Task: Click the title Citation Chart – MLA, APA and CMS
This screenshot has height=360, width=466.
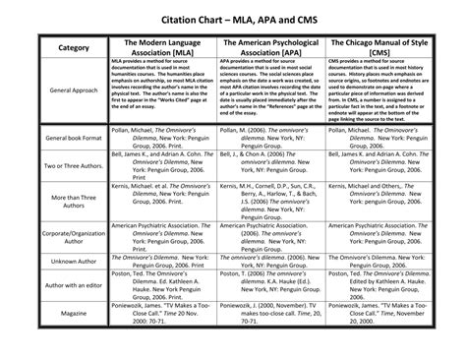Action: (232, 19)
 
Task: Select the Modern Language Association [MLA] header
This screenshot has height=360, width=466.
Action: (164, 49)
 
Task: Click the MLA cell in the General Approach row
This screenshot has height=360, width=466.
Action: (164, 90)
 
